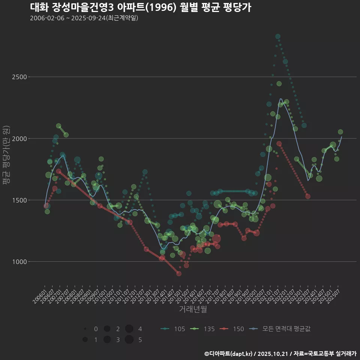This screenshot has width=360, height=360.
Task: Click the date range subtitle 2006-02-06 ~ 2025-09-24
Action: pos(84,18)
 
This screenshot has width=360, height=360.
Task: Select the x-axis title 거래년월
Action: pos(193,309)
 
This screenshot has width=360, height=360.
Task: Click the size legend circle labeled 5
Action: pos(129,340)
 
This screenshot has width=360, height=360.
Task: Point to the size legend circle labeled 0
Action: pos(85,329)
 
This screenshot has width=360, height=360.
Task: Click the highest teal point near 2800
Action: pos(278,36)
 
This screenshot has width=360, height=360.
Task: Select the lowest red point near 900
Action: pos(179,273)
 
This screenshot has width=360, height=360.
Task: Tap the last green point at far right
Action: pos(340,132)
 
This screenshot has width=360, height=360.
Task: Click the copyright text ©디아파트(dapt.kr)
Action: pos(229,353)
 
